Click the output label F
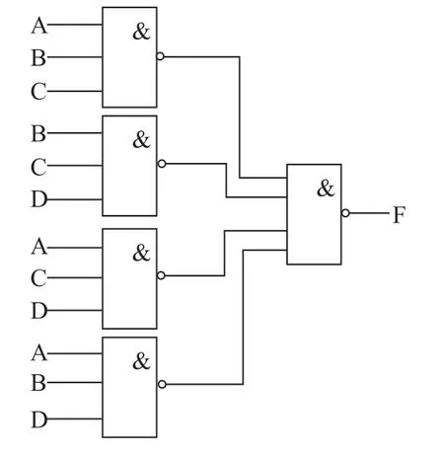coord(400,214)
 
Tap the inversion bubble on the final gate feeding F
coord(345,213)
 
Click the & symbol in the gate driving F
coord(326,189)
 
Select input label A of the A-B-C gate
coord(39,26)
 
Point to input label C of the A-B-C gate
coord(38,91)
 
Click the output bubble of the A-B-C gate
coord(160,56)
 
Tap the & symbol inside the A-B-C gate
coord(141,32)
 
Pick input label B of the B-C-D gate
coord(38,133)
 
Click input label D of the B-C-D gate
coord(39,199)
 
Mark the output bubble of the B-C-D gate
coord(162,164)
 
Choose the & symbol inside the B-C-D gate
coord(141,139)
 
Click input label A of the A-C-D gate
coord(39,247)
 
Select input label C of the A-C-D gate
coord(38,278)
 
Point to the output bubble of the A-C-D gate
coord(161,275)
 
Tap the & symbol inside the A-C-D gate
coord(141,253)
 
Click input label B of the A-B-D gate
coord(38,383)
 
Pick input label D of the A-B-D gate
coord(39,419)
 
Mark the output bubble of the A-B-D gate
coord(162,384)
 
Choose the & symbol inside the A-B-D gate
coord(141,361)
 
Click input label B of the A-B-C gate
coord(38,57)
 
